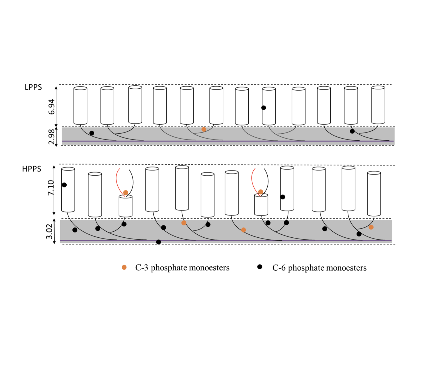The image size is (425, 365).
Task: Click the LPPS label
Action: point(33,87)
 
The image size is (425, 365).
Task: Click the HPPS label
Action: point(32,169)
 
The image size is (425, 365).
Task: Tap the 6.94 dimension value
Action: point(51,107)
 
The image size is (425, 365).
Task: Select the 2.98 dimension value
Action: point(51,136)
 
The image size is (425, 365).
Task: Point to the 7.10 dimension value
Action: point(51,188)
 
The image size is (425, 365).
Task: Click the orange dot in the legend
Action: point(124,267)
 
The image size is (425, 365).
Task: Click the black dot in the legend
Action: point(260,267)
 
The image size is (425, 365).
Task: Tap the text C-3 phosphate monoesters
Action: point(182,268)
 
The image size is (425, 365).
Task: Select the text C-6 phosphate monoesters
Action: point(319,268)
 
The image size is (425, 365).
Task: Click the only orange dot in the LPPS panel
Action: point(204,129)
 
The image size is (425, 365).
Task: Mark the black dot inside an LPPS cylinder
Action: point(263,108)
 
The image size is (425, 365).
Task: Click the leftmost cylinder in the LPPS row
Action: point(80,106)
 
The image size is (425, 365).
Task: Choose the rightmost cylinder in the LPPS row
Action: point(378,105)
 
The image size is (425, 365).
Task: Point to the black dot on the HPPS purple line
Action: point(158,242)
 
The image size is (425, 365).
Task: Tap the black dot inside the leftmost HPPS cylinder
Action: point(64,185)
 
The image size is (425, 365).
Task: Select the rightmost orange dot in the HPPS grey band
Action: point(371,227)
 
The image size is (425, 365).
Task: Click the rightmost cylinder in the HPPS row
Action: point(374,194)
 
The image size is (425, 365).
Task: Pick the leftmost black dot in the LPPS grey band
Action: point(92,133)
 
